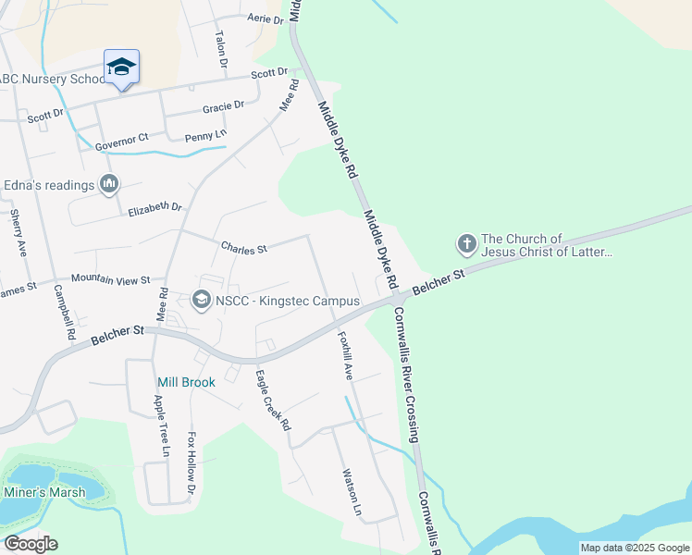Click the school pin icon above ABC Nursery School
point(121,68)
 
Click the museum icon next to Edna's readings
point(110,185)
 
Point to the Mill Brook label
point(186,382)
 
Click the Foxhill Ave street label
point(345,356)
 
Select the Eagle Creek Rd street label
point(273,401)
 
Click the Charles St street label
point(243,248)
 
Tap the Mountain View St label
point(110,278)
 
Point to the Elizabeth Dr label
point(155,208)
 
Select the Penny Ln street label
point(205,136)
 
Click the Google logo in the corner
point(31,544)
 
